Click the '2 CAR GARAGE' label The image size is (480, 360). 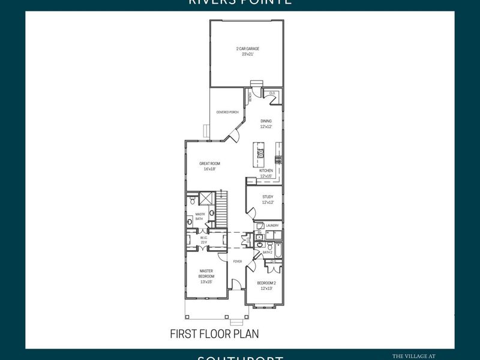(247, 48)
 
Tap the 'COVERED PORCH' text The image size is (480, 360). (227, 112)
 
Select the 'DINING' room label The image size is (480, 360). (266, 121)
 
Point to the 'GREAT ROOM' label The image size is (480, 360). (210, 163)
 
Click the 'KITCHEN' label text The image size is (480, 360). (266, 170)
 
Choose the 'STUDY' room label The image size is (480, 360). (268, 197)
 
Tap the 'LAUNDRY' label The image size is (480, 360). (273, 226)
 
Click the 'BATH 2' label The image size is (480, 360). (268, 253)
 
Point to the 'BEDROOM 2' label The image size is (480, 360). (266, 283)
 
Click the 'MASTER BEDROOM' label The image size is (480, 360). (206, 274)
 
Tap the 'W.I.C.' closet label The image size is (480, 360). (204, 238)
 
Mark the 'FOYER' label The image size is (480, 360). (237, 262)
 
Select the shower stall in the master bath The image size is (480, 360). (205, 199)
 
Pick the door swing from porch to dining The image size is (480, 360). (233, 134)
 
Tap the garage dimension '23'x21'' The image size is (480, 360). (247, 53)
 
